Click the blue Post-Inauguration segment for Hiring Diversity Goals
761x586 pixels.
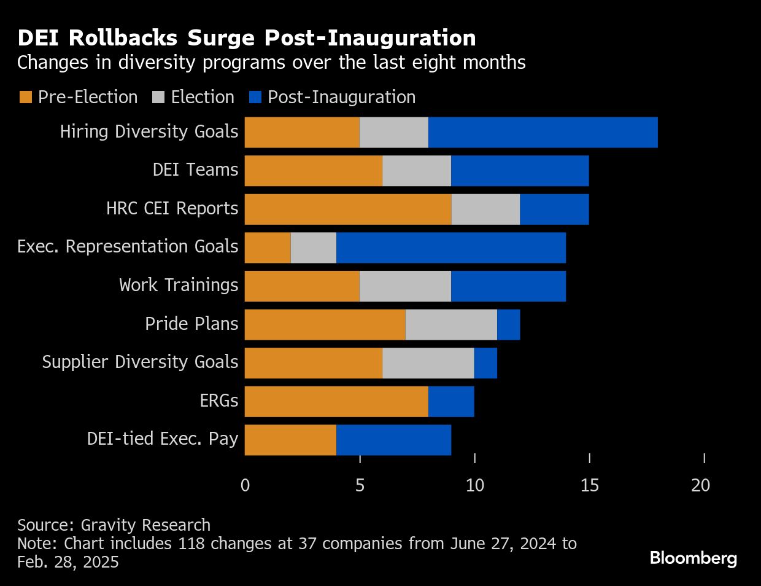543,132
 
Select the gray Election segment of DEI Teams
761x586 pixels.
417,171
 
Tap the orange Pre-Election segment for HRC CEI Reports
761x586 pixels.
348,209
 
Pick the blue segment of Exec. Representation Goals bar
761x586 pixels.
451,248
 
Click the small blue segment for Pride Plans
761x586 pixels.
509,324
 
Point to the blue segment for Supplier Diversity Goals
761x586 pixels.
485,363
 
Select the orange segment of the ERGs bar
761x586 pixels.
336,401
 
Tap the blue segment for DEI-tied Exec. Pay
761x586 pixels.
393,440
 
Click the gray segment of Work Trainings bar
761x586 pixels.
405,286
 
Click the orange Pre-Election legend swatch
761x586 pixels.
26,98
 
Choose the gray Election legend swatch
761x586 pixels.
158,98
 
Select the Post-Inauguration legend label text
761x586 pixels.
341,98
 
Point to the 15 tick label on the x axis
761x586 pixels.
589,485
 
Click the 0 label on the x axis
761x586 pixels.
245,485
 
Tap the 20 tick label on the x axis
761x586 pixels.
700,485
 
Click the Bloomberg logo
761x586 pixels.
693,558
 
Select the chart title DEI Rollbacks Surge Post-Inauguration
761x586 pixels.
247,38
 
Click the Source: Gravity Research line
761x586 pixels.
114,525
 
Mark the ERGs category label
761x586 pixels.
218,401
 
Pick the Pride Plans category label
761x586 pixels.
191,324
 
